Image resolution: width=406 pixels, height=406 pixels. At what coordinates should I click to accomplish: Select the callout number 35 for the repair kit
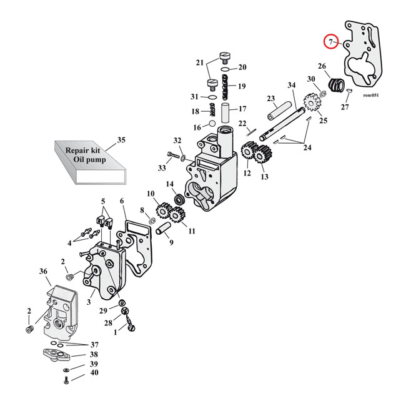pos(121,140)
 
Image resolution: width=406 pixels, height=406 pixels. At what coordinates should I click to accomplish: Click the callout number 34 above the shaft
pos(291,86)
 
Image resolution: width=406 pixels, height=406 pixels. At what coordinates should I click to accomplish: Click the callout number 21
pos(200,62)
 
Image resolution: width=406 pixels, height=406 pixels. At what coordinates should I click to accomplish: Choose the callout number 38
pos(94,354)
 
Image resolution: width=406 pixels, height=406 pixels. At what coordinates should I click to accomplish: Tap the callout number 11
pos(191,231)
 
